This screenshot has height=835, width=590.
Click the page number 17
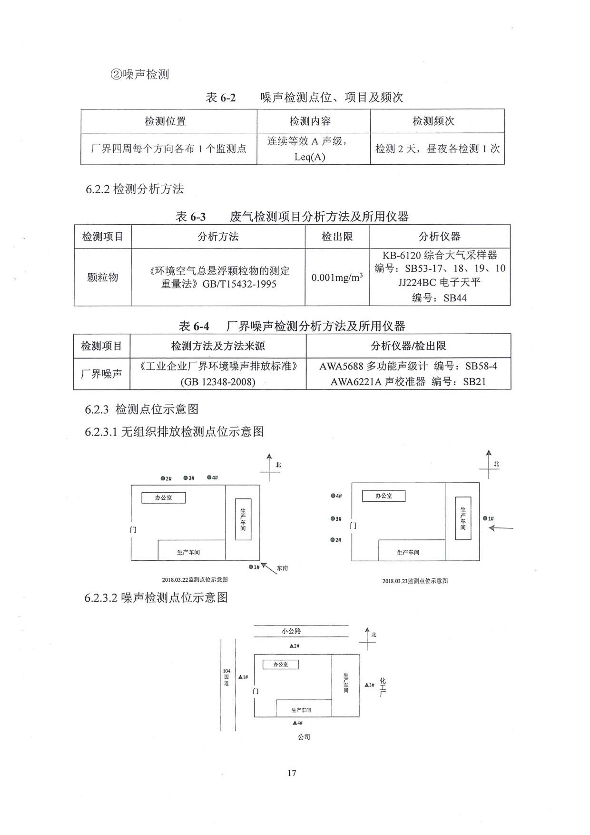[292, 773]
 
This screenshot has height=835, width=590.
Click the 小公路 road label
[291, 631]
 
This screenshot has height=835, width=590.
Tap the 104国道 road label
[226, 677]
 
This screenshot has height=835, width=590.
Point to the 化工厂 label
[383, 687]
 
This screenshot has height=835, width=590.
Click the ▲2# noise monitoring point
[295, 646]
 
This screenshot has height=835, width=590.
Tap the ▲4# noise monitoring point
[297, 723]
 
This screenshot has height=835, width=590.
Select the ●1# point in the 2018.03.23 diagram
[488, 518]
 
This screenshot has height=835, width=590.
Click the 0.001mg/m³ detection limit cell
[337, 277]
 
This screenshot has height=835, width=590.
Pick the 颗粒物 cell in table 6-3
[102, 277]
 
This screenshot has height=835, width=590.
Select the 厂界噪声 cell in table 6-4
[101, 374]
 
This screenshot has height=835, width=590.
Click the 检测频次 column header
[433, 121]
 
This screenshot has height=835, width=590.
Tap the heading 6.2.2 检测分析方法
[135, 189]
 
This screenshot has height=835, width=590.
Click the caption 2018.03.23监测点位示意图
[415, 581]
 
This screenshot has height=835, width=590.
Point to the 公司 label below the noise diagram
[304, 737]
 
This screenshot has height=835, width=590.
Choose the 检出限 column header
[337, 236]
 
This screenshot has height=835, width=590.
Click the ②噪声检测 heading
[139, 74]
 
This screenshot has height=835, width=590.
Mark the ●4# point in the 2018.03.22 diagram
[212, 477]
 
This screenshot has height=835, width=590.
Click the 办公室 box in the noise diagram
[281, 664]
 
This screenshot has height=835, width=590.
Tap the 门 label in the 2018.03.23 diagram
[353, 526]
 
